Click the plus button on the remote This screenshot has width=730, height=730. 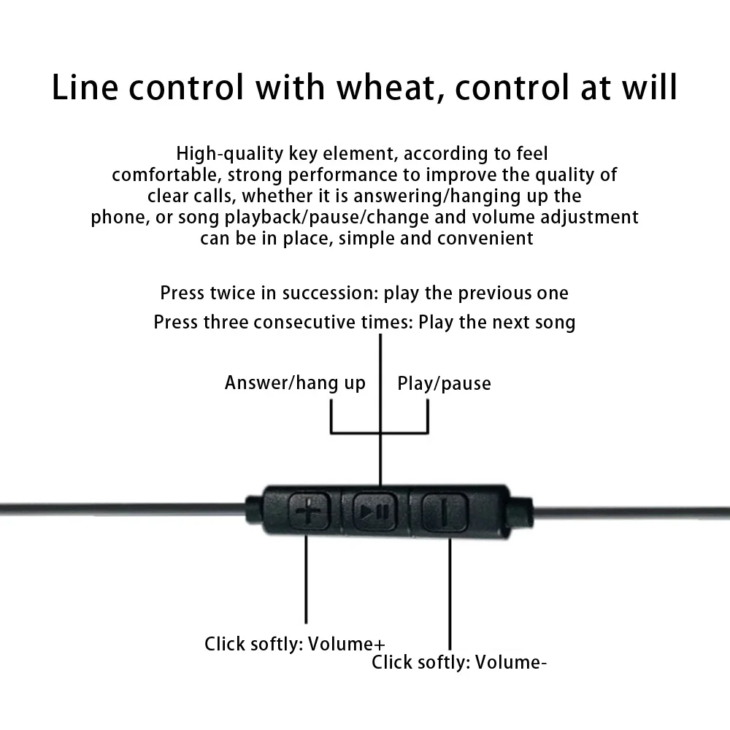(x=310, y=512)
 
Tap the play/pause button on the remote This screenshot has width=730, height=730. (x=374, y=512)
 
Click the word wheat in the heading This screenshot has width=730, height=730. (x=388, y=88)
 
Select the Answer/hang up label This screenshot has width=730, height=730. (x=295, y=383)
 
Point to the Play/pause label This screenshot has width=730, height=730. (x=444, y=384)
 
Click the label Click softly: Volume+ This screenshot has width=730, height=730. (x=295, y=644)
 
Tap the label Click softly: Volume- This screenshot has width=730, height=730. (x=459, y=662)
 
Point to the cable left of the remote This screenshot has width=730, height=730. (x=123, y=510)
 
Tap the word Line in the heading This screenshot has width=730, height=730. (x=85, y=88)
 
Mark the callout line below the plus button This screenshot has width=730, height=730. (x=306, y=580)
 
